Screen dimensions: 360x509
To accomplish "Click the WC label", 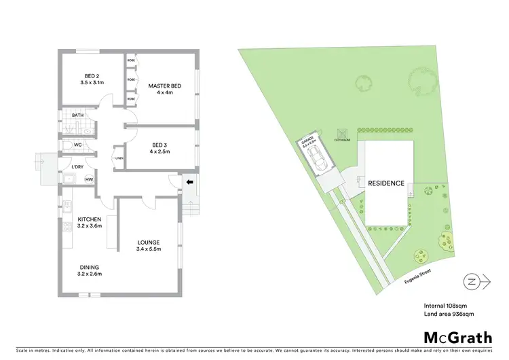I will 78,145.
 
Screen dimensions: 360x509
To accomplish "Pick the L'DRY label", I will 77,167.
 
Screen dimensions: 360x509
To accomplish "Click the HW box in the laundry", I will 89,179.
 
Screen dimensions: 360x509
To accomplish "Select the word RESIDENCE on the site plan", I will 386,183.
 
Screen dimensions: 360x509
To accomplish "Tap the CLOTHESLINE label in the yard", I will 343,139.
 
